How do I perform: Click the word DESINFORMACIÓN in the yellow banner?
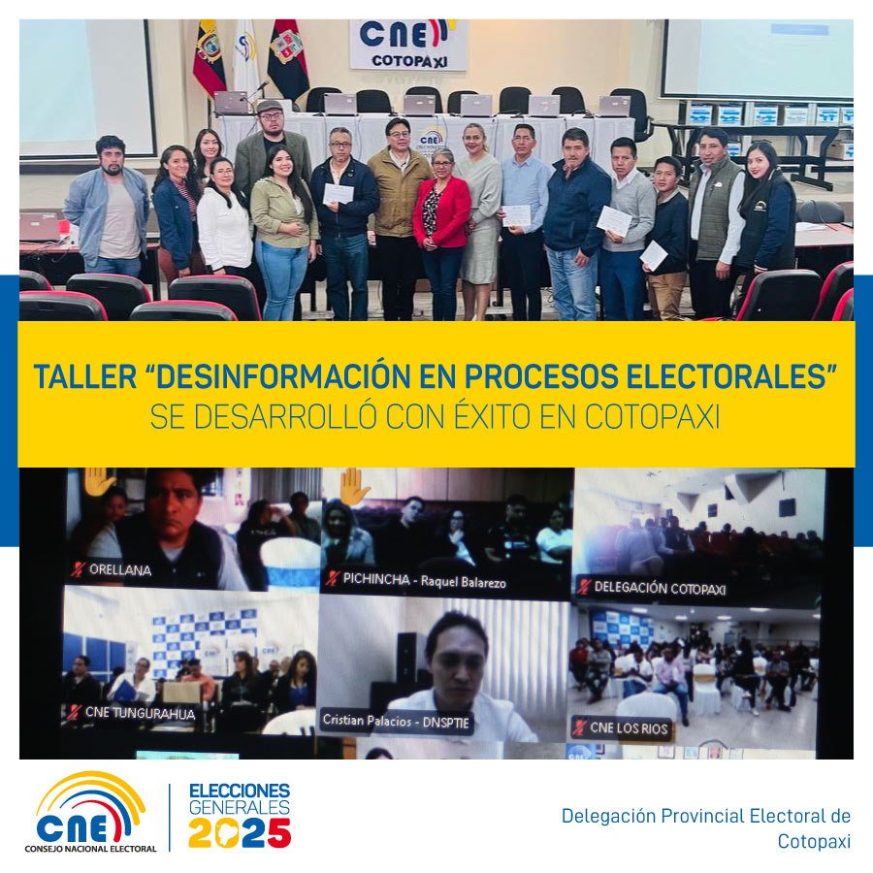(x=283, y=376)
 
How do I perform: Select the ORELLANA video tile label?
(x=120, y=569)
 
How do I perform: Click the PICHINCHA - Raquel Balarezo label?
(x=424, y=581)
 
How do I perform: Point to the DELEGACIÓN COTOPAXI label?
(x=660, y=588)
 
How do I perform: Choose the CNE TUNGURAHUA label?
(x=140, y=713)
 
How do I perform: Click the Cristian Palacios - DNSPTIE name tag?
(x=396, y=722)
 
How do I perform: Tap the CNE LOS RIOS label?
(x=629, y=728)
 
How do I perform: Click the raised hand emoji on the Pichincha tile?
(x=354, y=486)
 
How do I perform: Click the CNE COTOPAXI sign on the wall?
(x=408, y=45)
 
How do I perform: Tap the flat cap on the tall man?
(x=270, y=105)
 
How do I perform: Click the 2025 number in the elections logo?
(x=240, y=832)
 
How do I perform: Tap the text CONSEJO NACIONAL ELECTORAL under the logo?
(x=90, y=849)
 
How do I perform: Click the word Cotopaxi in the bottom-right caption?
(x=814, y=841)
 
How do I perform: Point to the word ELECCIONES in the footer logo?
(x=240, y=791)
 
